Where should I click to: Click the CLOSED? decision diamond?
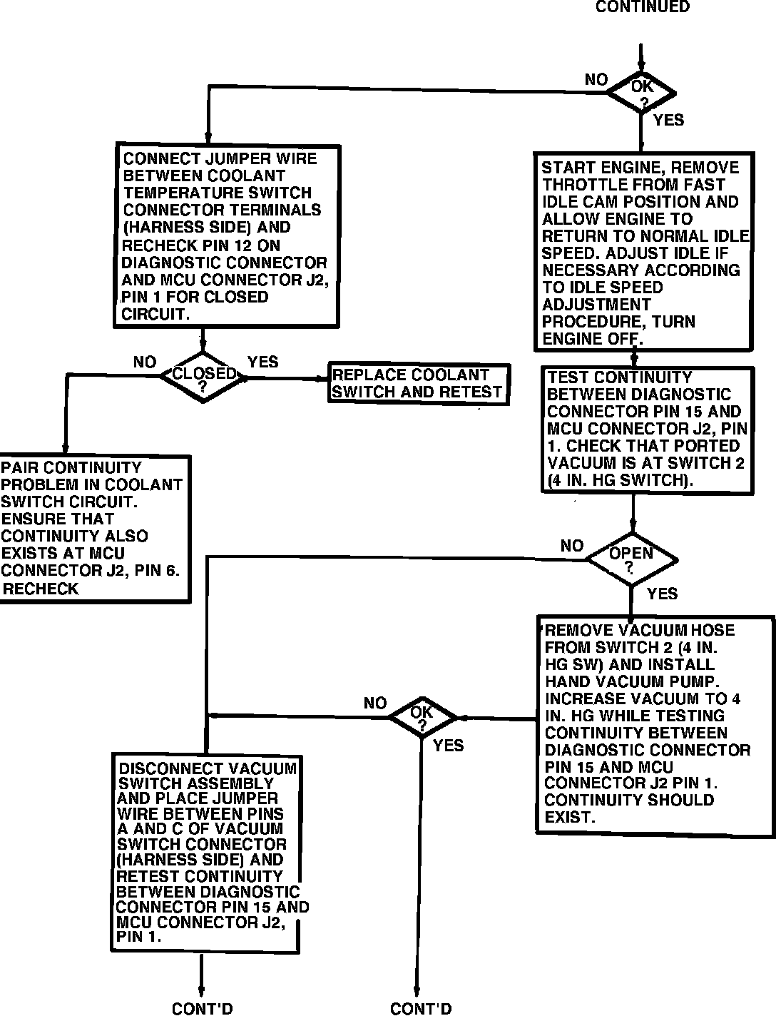click(203, 377)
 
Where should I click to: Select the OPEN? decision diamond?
click(631, 559)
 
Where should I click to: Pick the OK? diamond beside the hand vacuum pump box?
click(422, 718)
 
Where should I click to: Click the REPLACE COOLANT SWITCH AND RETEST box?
click(418, 384)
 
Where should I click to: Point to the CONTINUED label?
click(642, 7)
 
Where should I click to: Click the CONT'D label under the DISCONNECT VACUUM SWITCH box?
click(202, 1008)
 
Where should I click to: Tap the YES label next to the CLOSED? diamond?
click(262, 362)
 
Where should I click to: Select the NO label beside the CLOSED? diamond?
click(144, 362)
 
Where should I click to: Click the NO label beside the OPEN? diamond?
click(571, 546)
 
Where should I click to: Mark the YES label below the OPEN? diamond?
click(662, 594)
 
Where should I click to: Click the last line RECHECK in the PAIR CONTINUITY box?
click(41, 589)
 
